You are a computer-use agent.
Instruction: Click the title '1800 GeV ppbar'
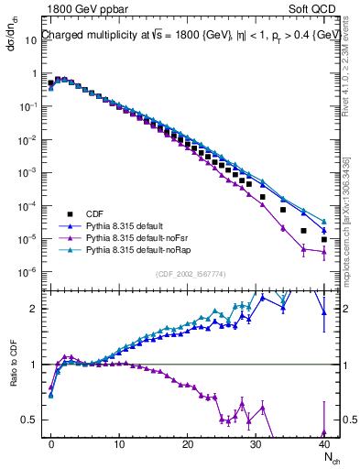tap(82, 9)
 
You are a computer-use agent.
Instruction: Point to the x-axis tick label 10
tap(119, 444)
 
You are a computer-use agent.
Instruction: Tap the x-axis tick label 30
tap(256, 444)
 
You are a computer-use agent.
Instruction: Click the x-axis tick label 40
tap(323, 444)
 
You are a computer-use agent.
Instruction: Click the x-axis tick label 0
tap(51, 444)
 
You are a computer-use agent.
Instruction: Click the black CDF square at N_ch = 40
tap(324, 240)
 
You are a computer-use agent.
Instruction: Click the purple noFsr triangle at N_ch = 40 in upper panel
tap(324, 253)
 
